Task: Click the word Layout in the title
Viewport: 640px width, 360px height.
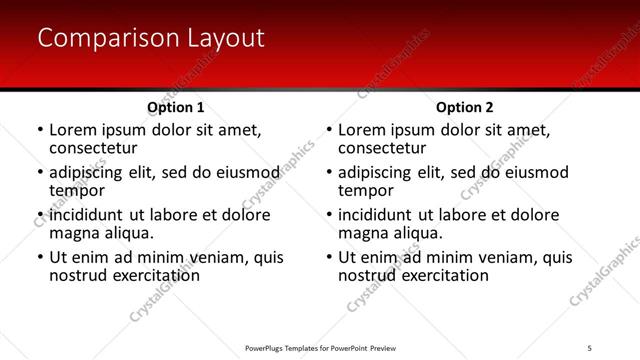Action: click(x=224, y=39)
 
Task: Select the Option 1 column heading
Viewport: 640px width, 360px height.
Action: click(x=175, y=107)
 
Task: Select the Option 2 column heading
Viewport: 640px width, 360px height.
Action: click(x=464, y=107)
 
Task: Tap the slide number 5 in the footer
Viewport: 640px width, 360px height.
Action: click(x=590, y=347)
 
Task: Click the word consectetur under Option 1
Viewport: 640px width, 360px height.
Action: click(x=92, y=148)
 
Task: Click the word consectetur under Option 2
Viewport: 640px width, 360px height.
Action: click(x=381, y=148)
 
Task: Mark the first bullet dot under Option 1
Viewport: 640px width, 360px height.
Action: click(x=40, y=130)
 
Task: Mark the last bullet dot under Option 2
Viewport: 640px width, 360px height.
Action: click(x=329, y=258)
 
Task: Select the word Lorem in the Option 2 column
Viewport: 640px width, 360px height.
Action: click(x=361, y=130)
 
